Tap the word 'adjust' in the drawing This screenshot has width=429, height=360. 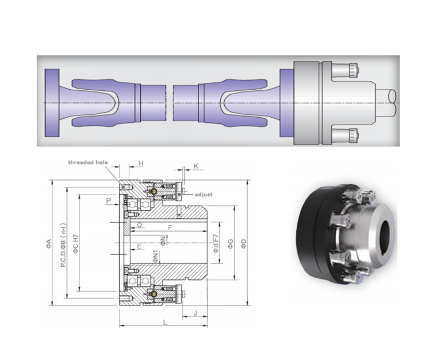tap(204, 195)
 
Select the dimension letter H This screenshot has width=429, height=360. tap(141, 163)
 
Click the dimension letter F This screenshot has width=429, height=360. tap(170, 227)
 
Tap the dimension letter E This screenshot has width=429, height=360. tap(139, 246)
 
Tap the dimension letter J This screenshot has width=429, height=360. tap(196, 313)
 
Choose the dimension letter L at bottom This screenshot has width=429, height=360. tap(165, 323)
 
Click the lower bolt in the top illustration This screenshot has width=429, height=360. tap(347, 135)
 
